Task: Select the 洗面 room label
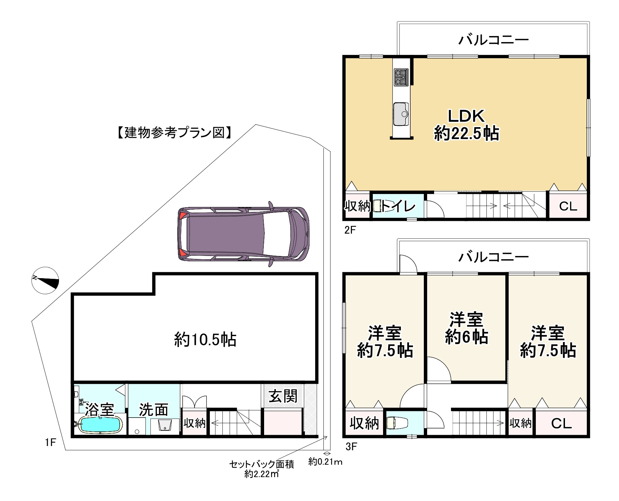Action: [153, 410]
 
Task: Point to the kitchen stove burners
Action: [401, 77]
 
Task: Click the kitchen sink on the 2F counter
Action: [401, 114]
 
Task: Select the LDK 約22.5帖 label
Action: [467, 125]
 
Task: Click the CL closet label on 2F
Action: [568, 207]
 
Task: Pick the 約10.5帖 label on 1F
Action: [205, 340]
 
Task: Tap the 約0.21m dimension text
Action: [325, 462]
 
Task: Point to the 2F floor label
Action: [350, 230]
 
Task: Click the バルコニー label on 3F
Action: [493, 257]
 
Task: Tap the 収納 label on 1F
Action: [195, 423]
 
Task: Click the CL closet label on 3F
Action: [561, 423]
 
